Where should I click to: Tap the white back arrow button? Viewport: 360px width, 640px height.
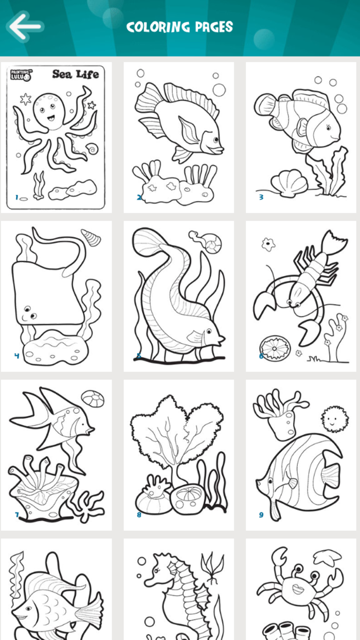click(24, 26)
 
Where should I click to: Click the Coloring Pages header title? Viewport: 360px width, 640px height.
click(179, 27)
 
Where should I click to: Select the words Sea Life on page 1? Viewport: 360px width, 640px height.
click(75, 74)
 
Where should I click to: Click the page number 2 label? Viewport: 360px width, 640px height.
click(139, 197)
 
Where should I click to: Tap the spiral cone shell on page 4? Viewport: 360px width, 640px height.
click(91, 237)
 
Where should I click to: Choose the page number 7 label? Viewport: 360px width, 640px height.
click(16, 514)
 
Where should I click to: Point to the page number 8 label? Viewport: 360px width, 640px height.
click(139, 514)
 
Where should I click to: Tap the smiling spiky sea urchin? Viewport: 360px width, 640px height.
click(332, 420)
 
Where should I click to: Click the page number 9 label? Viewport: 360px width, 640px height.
click(261, 514)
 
